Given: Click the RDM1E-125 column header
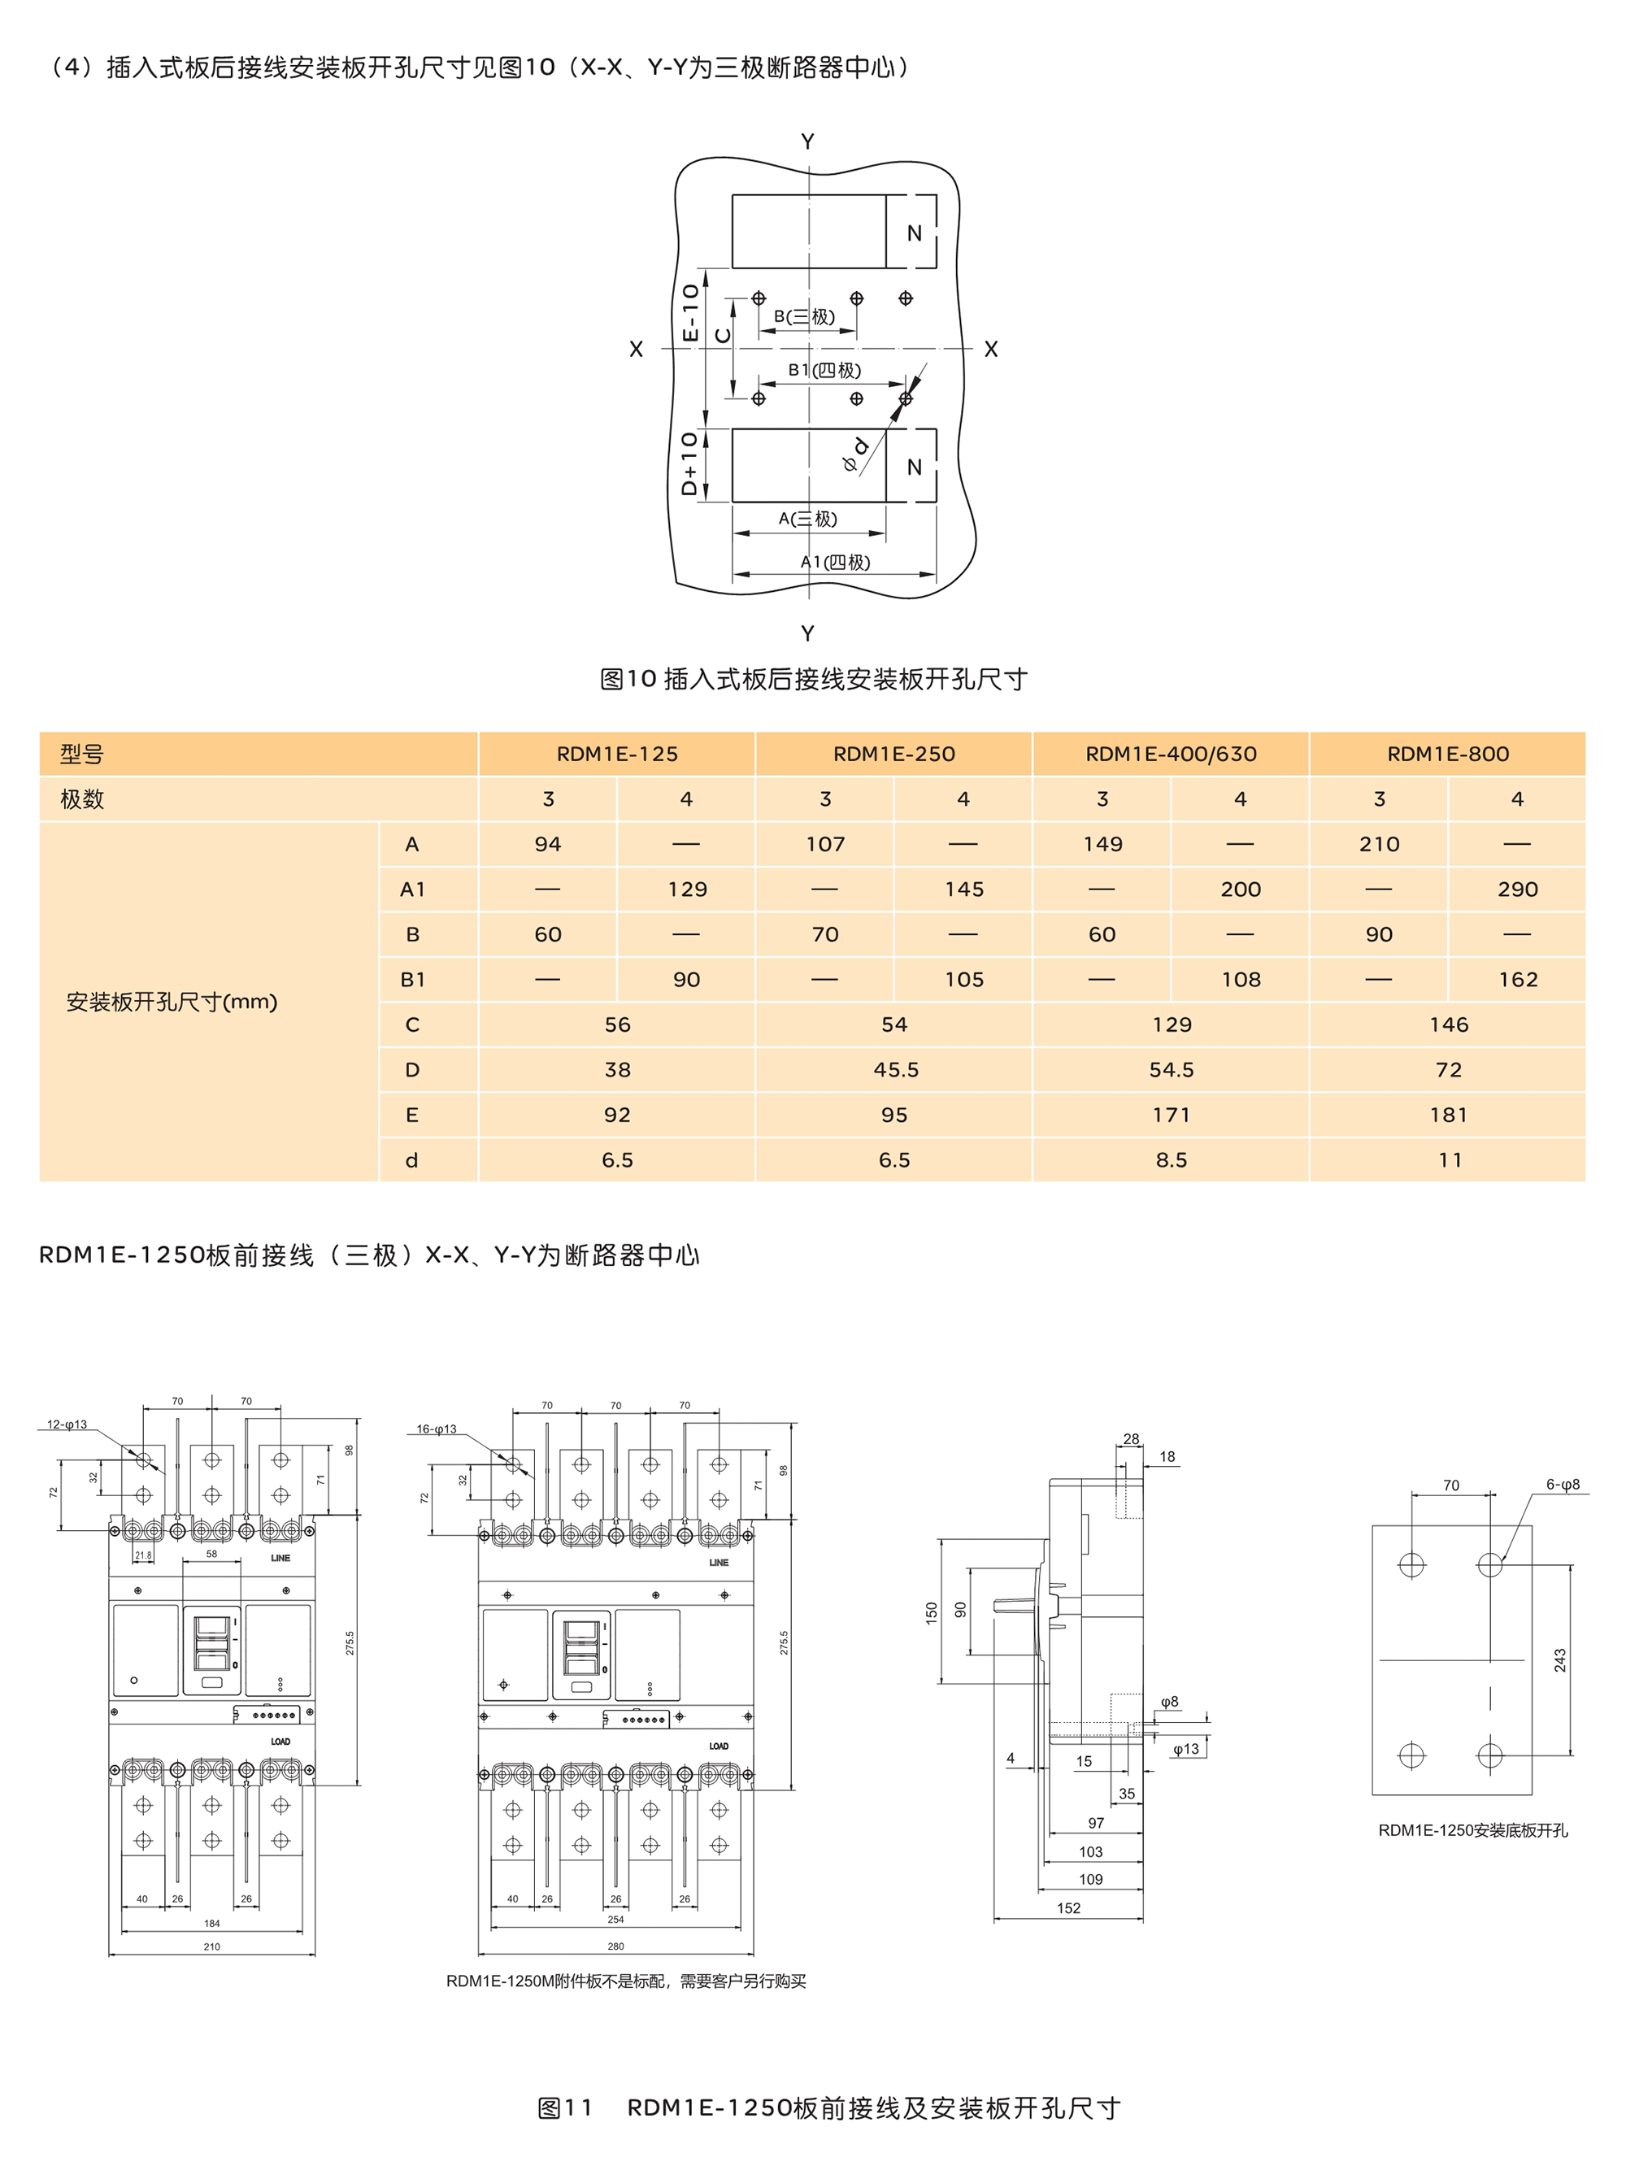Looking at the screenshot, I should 617,754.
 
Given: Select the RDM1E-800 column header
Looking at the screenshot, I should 1447,754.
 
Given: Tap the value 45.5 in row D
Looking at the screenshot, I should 895,1069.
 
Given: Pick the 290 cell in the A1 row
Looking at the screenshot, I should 1516,889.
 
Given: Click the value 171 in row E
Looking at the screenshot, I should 1171,1115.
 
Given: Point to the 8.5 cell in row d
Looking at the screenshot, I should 1171,1159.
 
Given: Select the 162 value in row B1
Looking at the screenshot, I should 1517,979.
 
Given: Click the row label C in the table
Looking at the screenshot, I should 412,1024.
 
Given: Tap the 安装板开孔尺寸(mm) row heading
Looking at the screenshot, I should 172,1002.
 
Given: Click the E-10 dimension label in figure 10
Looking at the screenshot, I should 690,312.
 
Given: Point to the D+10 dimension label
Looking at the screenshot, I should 689,463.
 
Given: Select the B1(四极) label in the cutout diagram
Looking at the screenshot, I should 824,370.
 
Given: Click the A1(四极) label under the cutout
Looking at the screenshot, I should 835,562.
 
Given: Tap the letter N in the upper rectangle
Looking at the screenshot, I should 913,233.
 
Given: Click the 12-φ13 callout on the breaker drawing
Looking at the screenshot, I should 67,1424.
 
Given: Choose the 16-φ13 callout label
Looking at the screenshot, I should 436,1429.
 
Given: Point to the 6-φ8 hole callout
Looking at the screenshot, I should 1562,1485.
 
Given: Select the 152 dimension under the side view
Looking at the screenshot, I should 1068,1907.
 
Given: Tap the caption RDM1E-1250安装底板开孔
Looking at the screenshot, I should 1472,1830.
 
